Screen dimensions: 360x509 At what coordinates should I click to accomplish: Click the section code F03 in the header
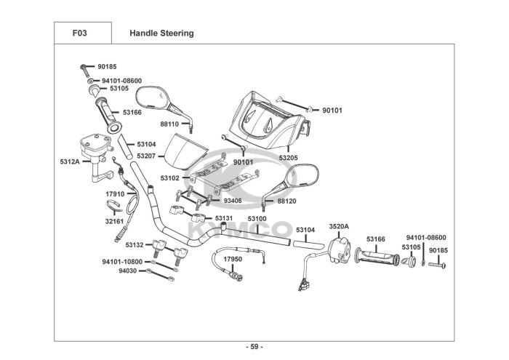pos(81,33)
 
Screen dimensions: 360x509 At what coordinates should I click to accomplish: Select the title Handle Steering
pos(161,33)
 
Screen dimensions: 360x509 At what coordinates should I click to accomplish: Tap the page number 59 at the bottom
pos(254,346)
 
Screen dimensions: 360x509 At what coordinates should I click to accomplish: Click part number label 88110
pos(169,124)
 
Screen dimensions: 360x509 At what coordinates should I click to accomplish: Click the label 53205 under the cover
pos(288,158)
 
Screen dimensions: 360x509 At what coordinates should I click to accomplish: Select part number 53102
pos(169,178)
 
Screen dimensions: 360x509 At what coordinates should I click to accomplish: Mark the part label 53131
pos(223,218)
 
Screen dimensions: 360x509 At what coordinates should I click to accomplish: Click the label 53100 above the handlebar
pos(257,218)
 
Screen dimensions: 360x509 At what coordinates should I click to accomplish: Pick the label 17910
pos(115,194)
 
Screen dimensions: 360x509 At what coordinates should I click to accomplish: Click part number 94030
pos(127,271)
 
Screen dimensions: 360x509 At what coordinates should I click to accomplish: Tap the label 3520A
pos(339,226)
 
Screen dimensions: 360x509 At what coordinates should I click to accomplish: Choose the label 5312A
pos(69,161)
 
